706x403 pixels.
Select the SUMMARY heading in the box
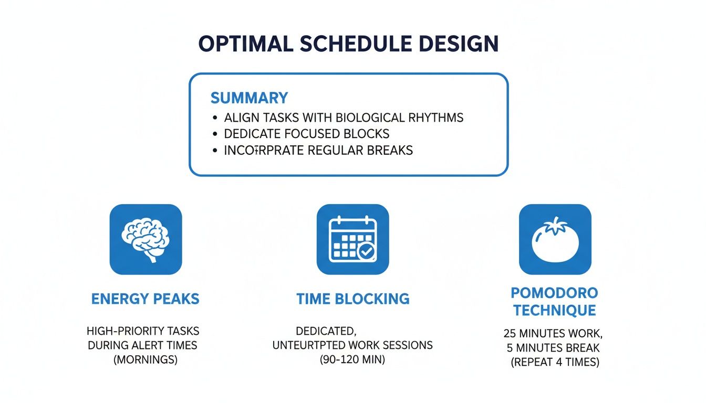coord(249,98)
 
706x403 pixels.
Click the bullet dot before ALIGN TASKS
coord(214,118)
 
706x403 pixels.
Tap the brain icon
coord(146,240)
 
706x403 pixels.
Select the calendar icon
coord(352,240)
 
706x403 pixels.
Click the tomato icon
coord(555,240)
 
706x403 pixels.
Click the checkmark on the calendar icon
coord(366,252)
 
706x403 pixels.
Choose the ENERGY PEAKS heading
coord(146,299)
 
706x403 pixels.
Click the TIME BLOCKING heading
coord(352,299)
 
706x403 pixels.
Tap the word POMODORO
coord(555,292)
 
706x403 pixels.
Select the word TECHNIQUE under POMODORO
coord(555,311)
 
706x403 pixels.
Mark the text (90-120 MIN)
coord(352,360)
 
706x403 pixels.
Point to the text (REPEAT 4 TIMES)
coord(555,363)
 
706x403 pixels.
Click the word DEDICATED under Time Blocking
coord(326,332)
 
